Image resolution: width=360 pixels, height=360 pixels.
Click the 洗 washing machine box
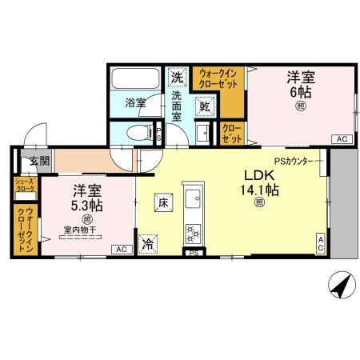click(x=176, y=78)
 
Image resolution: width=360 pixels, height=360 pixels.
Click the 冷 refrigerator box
click(x=148, y=245)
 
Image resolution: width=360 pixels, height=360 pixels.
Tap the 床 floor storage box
click(x=162, y=203)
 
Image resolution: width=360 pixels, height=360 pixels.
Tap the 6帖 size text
click(x=301, y=93)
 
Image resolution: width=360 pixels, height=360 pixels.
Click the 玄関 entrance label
click(x=39, y=160)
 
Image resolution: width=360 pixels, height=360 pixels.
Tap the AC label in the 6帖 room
click(x=342, y=139)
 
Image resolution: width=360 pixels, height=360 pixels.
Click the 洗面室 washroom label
click(x=177, y=106)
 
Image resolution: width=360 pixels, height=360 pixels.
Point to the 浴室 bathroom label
click(x=136, y=102)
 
